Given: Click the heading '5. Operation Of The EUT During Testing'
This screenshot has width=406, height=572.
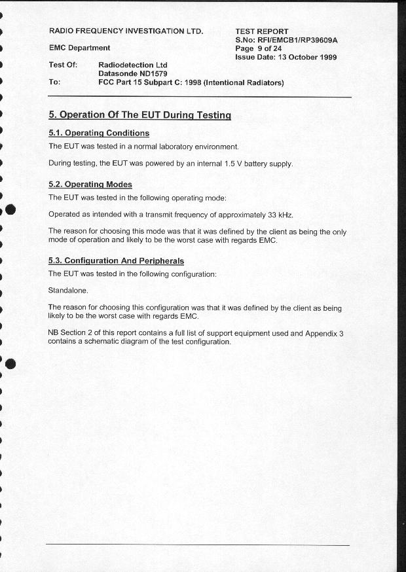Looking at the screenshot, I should pyautogui.click(x=139, y=115).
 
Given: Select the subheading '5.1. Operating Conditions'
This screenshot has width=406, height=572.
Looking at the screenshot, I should pyautogui.click(x=99, y=134).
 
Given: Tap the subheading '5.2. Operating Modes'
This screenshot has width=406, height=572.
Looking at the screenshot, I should pyautogui.click(x=90, y=185).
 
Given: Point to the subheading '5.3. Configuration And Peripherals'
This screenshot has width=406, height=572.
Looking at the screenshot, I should pyautogui.click(x=116, y=261).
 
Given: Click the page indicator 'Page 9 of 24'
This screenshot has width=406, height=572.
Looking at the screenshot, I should pyautogui.click(x=258, y=48).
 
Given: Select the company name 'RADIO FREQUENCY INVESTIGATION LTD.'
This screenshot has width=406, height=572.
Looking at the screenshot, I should pyautogui.click(x=126, y=31).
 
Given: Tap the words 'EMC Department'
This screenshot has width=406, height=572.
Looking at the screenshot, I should pyautogui.click(x=79, y=48).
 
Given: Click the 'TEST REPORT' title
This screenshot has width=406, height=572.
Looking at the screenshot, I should pyautogui.click(x=262, y=31).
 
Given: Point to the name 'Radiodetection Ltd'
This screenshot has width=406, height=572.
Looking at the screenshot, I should pyautogui.click(x=132, y=65).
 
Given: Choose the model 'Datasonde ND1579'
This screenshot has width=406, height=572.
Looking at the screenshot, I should pyautogui.click(x=133, y=74).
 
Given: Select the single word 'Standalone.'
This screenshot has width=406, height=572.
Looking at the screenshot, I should pyautogui.click(x=68, y=291).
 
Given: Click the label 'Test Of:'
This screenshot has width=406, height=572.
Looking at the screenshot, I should pyautogui.click(x=63, y=65).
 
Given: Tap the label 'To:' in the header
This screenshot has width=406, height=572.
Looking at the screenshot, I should pyautogui.click(x=54, y=83).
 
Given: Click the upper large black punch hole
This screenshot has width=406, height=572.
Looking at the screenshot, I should pyautogui.click(x=9, y=209).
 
